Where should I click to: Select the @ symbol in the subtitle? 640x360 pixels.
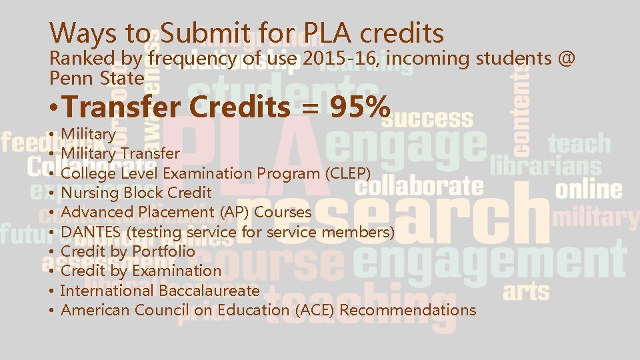[565, 59]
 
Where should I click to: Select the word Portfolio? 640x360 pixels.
[163, 251]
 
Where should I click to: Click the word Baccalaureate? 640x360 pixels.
[209, 291]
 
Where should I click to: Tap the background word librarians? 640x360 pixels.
[545, 165]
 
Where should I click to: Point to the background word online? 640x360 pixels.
[589, 189]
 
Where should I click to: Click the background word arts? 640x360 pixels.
[527, 291]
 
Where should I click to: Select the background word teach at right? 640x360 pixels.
[579, 143]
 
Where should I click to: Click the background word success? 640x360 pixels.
[427, 120]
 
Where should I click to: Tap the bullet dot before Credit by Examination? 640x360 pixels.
[52, 271]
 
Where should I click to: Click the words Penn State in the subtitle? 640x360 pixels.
[97, 78]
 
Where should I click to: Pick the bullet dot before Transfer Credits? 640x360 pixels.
[53, 108]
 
